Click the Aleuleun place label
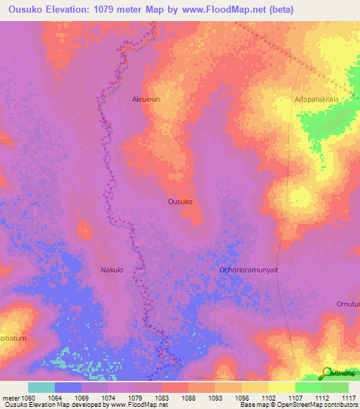click(x=146, y=100)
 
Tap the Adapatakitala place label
click(x=316, y=100)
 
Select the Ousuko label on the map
click(x=181, y=202)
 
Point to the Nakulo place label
click(x=112, y=269)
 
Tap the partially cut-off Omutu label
click(x=347, y=304)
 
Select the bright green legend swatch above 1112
click(x=308, y=387)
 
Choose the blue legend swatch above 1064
click(x=68, y=387)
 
